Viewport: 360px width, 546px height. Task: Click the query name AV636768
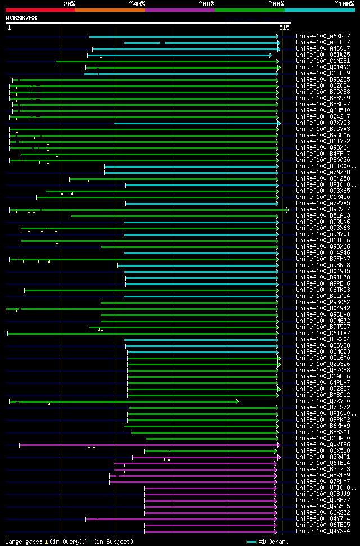point(21,18)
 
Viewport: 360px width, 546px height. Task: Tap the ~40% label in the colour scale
point(137,4)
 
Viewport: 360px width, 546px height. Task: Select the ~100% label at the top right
point(344,4)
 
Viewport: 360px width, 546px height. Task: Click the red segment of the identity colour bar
point(40,10)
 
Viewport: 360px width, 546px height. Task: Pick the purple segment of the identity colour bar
point(179,10)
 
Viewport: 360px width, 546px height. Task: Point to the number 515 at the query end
point(284,27)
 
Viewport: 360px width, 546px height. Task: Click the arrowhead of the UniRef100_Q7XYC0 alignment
point(237,401)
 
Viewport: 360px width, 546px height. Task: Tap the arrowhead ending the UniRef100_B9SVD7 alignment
point(287,210)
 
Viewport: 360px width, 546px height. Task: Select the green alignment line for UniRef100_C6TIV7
point(141,333)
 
